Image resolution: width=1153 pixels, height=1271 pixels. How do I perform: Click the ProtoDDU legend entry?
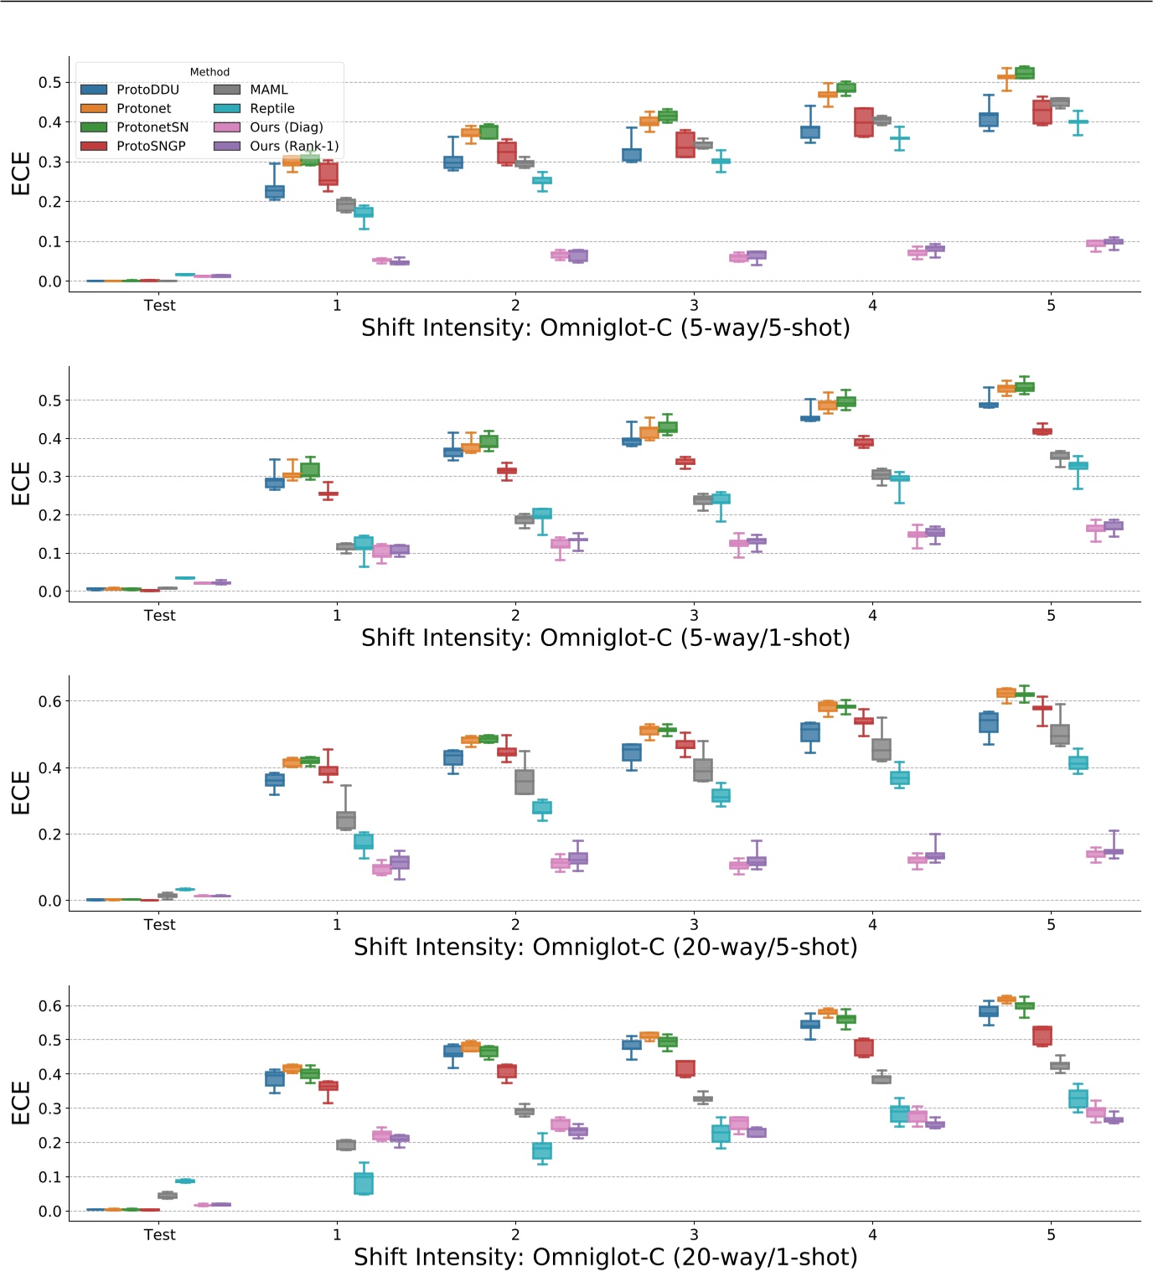(147, 90)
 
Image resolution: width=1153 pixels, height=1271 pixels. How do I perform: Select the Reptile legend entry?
(271, 109)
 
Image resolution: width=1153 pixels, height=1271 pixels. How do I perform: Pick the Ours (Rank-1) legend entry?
(293, 146)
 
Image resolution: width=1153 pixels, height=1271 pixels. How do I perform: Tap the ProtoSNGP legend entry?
(151, 146)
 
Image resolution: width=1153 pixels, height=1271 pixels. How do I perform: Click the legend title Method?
(209, 72)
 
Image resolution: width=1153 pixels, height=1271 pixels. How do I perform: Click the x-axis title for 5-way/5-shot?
(605, 328)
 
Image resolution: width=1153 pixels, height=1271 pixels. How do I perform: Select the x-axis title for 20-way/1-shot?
(605, 1257)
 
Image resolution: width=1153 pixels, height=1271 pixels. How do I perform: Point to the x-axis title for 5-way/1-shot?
(605, 638)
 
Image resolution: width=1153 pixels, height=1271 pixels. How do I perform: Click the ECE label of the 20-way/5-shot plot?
(21, 793)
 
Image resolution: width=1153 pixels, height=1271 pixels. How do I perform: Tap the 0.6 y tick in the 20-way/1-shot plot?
(50, 1005)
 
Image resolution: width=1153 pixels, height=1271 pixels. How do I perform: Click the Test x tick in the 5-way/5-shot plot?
(159, 306)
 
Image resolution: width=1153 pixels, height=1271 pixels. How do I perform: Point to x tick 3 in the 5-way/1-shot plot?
(694, 616)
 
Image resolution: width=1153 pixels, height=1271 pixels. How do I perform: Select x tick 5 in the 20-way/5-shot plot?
(1051, 925)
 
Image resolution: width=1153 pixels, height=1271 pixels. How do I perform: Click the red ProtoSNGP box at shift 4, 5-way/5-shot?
(864, 122)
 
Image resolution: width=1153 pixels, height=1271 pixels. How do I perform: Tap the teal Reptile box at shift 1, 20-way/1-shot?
(364, 1183)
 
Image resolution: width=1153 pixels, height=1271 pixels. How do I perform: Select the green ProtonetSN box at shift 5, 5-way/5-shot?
(1025, 73)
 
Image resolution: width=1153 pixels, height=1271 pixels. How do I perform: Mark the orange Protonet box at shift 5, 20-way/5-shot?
(1006, 693)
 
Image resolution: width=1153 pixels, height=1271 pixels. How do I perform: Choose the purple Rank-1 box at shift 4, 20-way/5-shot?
(935, 856)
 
